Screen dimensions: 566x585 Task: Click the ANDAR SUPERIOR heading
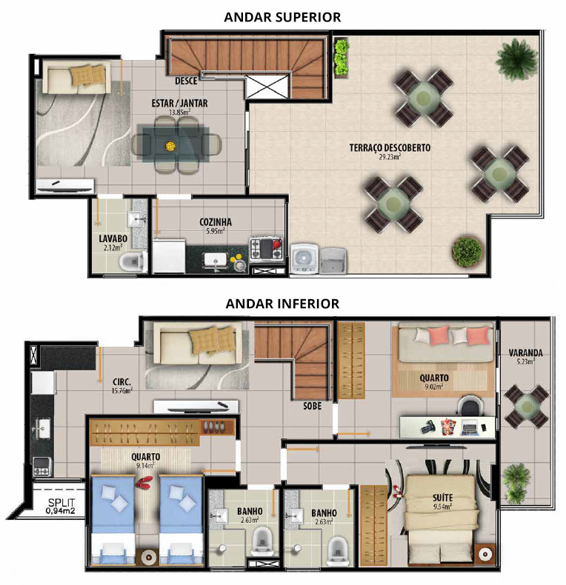coord(282,17)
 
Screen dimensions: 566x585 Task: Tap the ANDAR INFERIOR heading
coord(282,304)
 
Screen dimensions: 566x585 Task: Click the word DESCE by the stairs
coord(186,81)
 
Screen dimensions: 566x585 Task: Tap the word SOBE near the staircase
coord(312,406)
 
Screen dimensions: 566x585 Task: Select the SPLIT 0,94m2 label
coord(61,507)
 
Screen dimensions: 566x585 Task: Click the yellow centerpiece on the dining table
coord(170,145)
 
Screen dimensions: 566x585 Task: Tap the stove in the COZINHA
coord(266,248)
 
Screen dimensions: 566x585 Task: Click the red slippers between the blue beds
coord(144,481)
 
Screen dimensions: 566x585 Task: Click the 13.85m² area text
coord(179,112)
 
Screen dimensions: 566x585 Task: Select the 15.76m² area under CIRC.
coord(121,391)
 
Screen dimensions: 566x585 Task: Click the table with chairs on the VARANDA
coord(527,407)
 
